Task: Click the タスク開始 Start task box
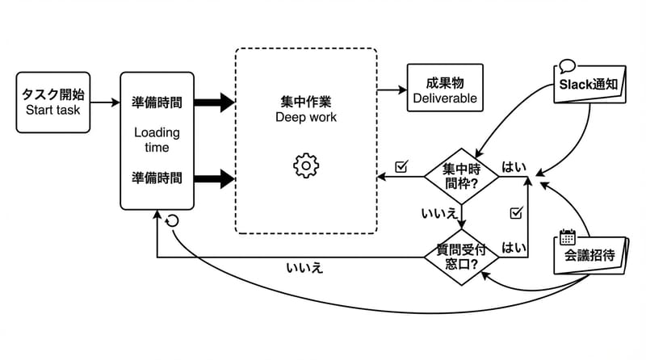tap(53, 103)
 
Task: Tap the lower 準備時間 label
tap(157, 177)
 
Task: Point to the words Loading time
tap(157, 140)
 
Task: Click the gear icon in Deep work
tap(306, 165)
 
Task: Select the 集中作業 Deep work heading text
tap(305, 110)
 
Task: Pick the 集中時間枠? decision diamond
tap(460, 176)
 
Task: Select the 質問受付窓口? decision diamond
tap(460, 258)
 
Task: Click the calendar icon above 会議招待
tap(567, 237)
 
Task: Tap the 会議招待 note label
tap(589, 256)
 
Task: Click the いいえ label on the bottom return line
tap(304, 267)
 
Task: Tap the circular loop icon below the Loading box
tap(171, 220)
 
